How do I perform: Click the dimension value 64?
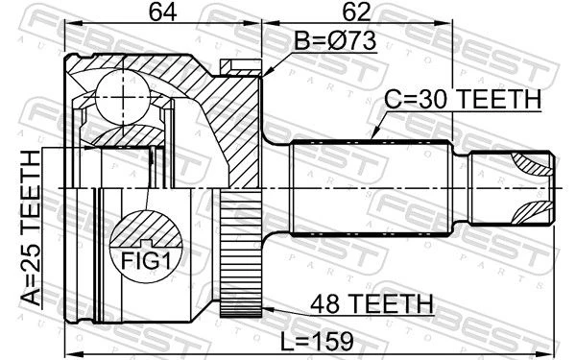(x=162, y=12)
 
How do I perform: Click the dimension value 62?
(x=356, y=12)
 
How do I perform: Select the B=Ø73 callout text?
(x=335, y=40)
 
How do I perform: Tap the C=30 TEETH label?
(x=463, y=99)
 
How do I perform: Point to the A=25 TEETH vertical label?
(x=30, y=228)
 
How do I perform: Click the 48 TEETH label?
(x=372, y=304)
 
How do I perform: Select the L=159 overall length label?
(x=317, y=341)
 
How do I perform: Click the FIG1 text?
(x=146, y=260)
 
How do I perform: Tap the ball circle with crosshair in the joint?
(x=123, y=97)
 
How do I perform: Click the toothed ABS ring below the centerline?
(x=241, y=253)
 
